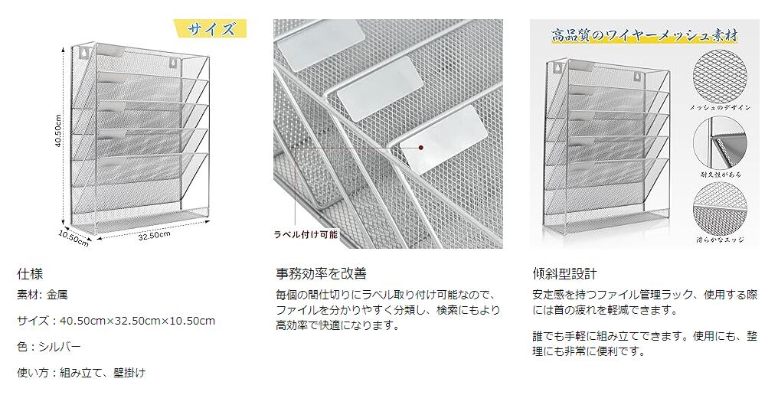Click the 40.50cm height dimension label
tap(59, 133)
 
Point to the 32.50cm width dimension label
tap(154, 236)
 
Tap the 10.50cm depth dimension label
tap(74, 238)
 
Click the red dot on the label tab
tap(420, 146)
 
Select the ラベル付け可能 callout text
tap(306, 235)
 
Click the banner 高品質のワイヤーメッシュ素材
tap(644, 34)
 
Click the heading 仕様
tap(28, 273)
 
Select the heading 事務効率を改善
tap(321, 273)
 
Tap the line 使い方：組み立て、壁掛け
tap(80, 373)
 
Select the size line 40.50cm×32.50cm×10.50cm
tap(116, 321)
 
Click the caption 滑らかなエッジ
tap(719, 240)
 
